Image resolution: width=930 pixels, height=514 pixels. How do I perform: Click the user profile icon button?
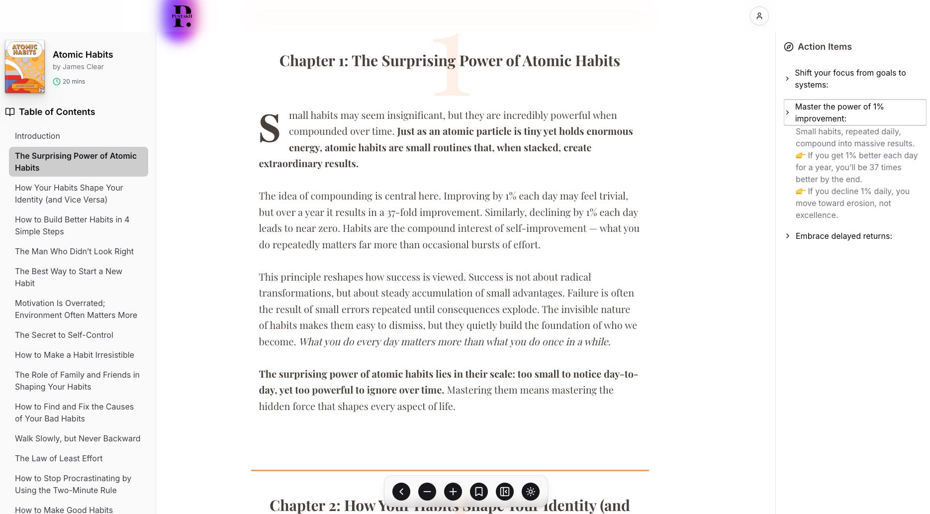[759, 16]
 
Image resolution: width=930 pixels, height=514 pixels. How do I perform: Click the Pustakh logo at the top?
[182, 16]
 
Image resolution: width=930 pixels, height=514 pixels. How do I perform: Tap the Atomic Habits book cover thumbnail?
[25, 67]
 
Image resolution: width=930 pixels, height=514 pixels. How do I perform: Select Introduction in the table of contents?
[37, 136]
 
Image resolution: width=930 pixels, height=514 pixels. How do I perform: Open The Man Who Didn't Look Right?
[74, 251]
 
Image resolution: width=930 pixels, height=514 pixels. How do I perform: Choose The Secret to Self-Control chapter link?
[64, 335]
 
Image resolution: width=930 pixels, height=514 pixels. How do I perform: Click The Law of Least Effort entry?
[59, 458]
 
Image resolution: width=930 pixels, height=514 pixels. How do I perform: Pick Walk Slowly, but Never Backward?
[78, 438]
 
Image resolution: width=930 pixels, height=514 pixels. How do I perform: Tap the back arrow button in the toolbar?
[401, 492]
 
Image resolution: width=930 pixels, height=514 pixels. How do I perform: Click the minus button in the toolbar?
[427, 492]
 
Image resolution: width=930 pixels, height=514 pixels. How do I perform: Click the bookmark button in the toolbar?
[479, 492]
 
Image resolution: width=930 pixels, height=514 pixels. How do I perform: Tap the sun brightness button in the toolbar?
[531, 492]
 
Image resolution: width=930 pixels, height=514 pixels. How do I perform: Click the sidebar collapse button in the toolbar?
[505, 492]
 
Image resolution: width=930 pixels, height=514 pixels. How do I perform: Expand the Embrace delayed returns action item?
[843, 236]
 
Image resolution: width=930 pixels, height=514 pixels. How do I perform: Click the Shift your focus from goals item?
[850, 79]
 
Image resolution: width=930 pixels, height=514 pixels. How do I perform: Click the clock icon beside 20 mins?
[57, 82]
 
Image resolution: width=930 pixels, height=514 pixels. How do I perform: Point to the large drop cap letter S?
[270, 128]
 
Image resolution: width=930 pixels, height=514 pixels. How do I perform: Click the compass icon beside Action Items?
[789, 47]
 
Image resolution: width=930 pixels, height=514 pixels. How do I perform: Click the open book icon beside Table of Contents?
[10, 112]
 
